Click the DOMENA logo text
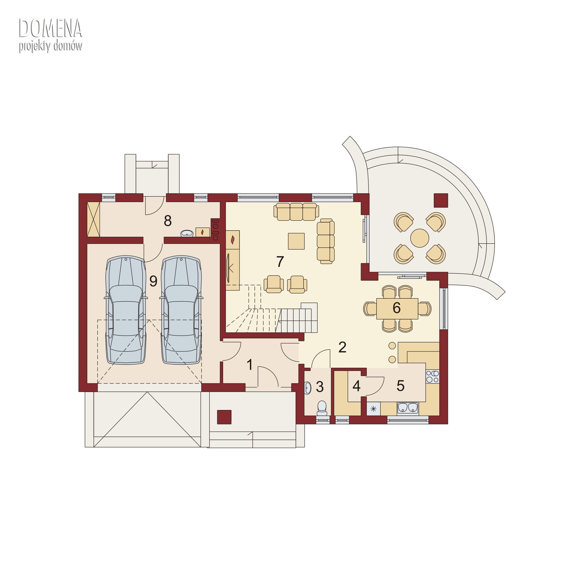coord(50,28)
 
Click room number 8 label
coord(168,221)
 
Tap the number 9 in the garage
coord(153,281)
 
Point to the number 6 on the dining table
coord(397,308)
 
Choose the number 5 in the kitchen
coord(400,386)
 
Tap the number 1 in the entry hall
coord(250,365)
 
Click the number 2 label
coord(342,347)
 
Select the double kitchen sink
coord(408,408)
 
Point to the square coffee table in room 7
coord(296,241)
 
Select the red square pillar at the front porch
coord(224,417)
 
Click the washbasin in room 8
coord(187,233)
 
